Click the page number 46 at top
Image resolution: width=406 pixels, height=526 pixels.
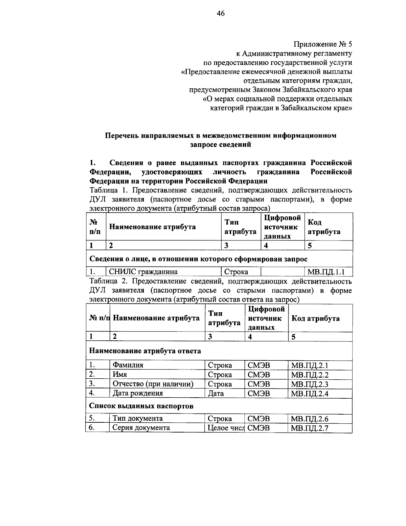(221, 14)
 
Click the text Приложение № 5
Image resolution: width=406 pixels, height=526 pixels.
(323, 44)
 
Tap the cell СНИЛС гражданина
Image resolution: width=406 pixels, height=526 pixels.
(143, 272)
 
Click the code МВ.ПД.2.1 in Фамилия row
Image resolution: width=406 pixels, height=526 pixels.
(310, 365)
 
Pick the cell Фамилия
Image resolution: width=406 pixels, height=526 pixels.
(128, 365)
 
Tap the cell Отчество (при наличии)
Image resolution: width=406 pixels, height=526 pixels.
(153, 384)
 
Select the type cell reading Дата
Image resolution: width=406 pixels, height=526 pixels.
(216, 393)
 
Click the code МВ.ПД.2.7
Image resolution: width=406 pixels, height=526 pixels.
(310, 428)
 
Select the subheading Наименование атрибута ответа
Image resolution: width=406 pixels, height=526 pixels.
(145, 351)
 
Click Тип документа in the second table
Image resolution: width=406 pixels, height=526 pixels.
(137, 418)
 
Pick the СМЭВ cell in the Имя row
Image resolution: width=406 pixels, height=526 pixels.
(259, 375)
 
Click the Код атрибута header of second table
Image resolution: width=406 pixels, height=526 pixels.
(315, 318)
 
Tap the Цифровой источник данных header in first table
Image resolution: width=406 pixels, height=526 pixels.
(282, 227)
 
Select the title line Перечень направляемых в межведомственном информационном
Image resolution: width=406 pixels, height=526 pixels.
(221, 135)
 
